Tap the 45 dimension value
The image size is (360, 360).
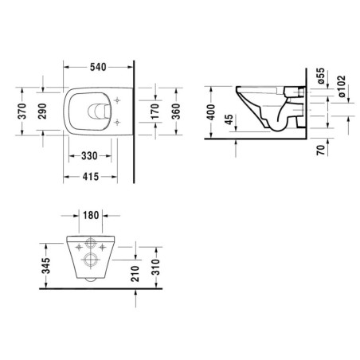tap(230, 122)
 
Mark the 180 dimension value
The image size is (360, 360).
tap(91, 215)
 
